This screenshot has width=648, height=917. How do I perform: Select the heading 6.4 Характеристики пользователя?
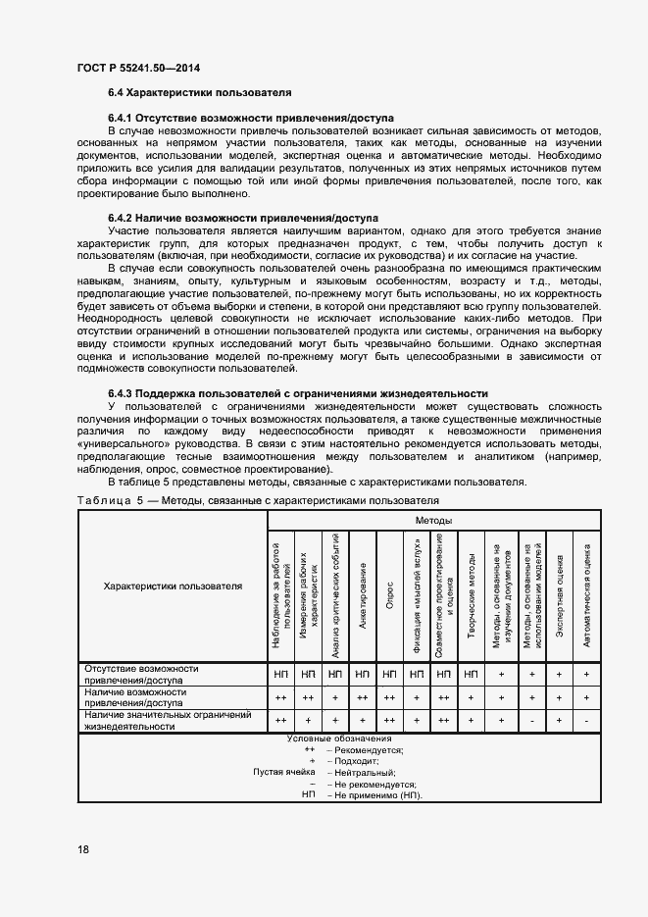[199, 92]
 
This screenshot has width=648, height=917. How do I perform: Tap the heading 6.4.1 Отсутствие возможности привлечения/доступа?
[250, 118]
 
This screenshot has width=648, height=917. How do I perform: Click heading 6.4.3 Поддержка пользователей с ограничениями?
[298, 393]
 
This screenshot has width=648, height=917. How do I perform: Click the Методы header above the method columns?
[433, 520]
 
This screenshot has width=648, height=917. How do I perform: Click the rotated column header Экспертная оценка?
[558, 597]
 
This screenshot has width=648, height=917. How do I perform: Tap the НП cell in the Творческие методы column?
[472, 674]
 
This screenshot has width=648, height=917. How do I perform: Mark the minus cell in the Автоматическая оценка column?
[585, 721]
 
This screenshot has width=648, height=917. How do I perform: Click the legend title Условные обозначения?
[339, 739]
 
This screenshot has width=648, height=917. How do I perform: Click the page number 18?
[82, 849]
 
